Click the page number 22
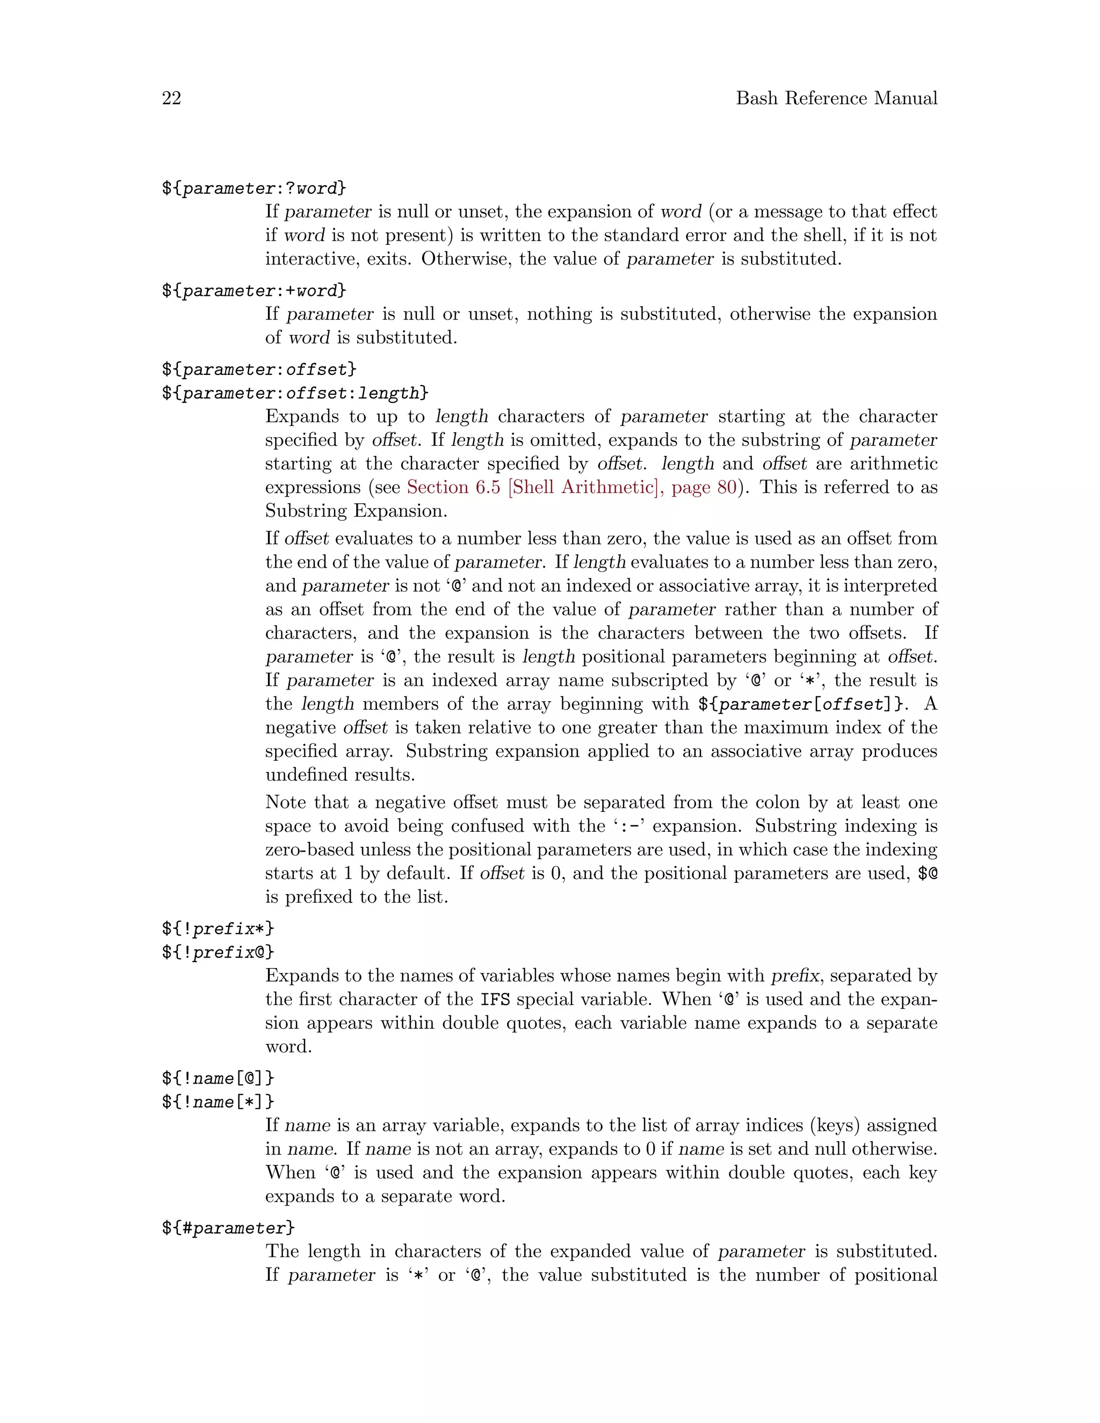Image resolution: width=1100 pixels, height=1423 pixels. (171, 98)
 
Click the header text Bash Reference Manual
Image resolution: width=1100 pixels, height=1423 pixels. (836, 98)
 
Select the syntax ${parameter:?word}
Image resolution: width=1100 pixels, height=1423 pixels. (254, 188)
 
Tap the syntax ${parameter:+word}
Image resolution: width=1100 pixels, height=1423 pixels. (254, 291)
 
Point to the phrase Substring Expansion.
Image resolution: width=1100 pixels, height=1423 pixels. (355, 511)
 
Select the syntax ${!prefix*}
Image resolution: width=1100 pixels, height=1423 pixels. (218, 928)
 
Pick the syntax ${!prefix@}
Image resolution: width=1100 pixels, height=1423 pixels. (218, 953)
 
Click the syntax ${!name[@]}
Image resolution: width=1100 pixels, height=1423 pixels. (218, 1078)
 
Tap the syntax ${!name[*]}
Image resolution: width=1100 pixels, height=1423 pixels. (218, 1102)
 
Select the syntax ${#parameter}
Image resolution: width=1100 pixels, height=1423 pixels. (228, 1228)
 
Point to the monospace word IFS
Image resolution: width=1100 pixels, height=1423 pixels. (495, 999)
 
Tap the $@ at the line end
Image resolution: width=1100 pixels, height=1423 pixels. (927, 874)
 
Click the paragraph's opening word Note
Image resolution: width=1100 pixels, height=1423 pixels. (285, 803)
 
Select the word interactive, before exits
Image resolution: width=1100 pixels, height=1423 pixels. (312, 259)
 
